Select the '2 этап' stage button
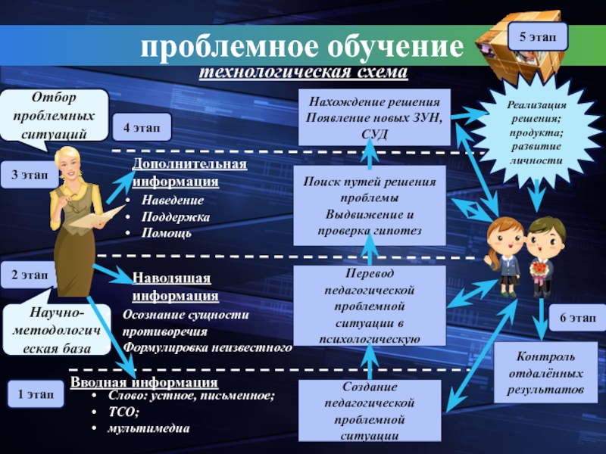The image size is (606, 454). click(28, 275)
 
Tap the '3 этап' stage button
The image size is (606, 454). click(28, 175)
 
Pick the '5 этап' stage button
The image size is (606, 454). click(536, 35)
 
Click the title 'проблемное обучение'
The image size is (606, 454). click(301, 48)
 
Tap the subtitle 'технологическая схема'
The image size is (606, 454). click(303, 73)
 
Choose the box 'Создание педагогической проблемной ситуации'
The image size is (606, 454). click(370, 410)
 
